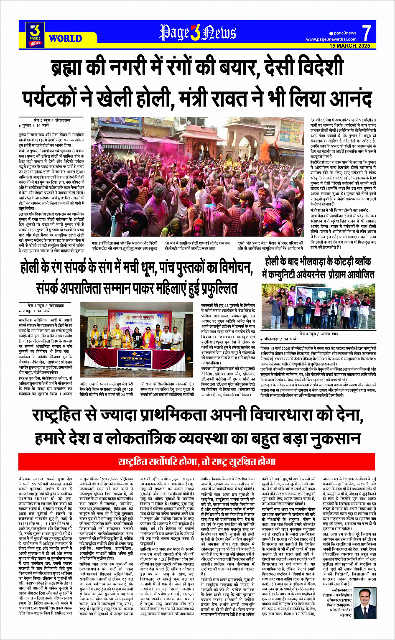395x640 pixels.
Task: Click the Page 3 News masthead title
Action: [x=197, y=32]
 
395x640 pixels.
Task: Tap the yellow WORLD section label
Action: [x=65, y=38]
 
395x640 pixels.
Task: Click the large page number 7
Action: [x=366, y=32]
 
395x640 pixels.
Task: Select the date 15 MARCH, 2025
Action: [x=350, y=46]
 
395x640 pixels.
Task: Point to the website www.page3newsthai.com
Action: [x=331, y=39]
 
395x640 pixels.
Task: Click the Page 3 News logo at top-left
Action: [x=36, y=33]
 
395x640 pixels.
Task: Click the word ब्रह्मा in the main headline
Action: [x=75, y=67]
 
